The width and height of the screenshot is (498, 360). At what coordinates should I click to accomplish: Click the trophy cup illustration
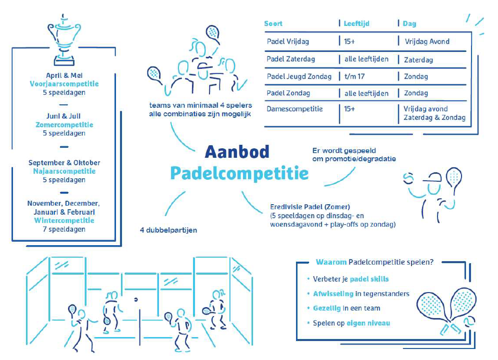(x=64, y=39)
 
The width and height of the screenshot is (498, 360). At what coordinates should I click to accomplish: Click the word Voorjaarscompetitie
(x=64, y=84)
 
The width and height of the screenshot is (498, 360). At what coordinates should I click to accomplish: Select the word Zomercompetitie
(x=64, y=125)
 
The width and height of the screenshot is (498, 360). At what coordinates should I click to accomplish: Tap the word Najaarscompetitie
(x=64, y=171)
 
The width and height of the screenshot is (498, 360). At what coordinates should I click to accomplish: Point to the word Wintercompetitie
(x=64, y=220)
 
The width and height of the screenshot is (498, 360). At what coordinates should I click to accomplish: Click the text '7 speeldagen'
(x=64, y=229)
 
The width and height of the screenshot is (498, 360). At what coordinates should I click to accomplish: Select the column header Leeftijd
(x=356, y=23)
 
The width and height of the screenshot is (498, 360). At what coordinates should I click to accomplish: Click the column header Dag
(x=409, y=24)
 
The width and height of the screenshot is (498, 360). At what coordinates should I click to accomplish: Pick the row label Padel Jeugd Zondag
(x=299, y=76)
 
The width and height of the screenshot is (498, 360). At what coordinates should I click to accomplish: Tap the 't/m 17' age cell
(x=354, y=76)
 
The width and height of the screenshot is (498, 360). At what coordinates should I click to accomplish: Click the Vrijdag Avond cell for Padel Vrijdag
(x=427, y=41)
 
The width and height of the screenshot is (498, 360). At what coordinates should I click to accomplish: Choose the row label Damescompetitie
(x=294, y=109)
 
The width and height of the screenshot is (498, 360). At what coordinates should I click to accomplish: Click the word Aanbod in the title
(x=237, y=152)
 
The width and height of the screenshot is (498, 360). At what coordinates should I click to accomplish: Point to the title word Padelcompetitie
(x=239, y=173)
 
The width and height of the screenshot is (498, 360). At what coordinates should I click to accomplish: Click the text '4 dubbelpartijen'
(x=168, y=230)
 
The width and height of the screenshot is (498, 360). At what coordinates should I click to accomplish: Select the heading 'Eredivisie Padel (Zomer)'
(x=310, y=207)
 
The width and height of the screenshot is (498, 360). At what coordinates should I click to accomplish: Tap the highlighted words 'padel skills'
(x=369, y=279)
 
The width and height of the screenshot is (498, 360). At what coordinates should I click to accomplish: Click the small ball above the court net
(x=136, y=299)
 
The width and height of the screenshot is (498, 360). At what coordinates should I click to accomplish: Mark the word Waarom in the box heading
(x=331, y=262)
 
